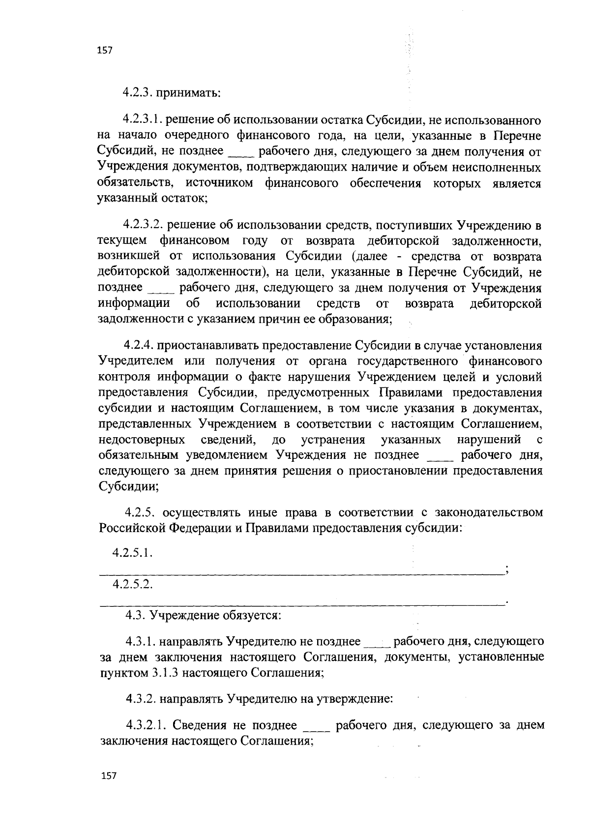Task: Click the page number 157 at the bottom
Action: point(108,775)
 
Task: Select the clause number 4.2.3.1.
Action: point(145,119)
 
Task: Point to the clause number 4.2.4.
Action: point(140,346)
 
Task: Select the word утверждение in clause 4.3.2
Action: point(357,698)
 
